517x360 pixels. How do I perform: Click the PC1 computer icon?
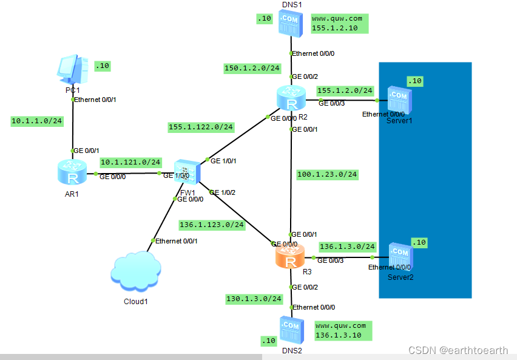pos(73,69)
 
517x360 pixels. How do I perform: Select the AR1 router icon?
pos(72,172)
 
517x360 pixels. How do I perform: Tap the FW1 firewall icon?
pos(188,172)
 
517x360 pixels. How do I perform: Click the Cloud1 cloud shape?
pos(136,271)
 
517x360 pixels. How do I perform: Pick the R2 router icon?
pos(291,98)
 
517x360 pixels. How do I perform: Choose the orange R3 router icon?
pos(290,256)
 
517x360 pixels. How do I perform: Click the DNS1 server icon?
pos(291,24)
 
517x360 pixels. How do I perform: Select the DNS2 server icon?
pos(292,330)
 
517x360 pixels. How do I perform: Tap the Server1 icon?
pos(400,100)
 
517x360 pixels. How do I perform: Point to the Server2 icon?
pos(401,256)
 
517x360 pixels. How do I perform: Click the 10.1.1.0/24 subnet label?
pos(37,121)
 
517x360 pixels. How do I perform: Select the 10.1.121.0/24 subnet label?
pos(130,162)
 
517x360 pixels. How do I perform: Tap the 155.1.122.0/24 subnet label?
pos(201,127)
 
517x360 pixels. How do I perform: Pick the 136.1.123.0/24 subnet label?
pos(212,225)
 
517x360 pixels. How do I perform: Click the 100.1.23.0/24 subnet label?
pos(327,175)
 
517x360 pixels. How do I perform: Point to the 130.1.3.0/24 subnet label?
pos(254,299)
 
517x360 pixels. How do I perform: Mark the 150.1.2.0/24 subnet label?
pos(252,69)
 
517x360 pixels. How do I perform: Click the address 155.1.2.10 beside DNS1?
pos(335,28)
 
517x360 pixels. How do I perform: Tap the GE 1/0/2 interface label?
pos(222,192)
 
